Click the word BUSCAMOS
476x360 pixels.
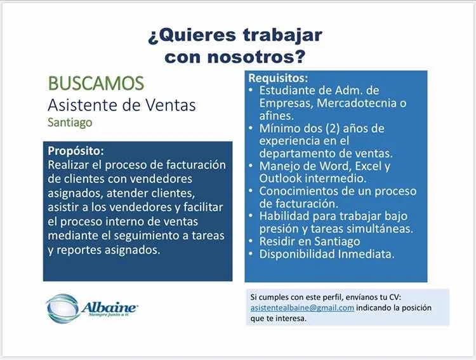96,83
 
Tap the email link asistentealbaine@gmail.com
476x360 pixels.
302,308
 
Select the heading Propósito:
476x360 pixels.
76,151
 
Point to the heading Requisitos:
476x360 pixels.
278,78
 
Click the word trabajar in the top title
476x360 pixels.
282,36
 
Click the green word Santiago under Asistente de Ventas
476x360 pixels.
70,123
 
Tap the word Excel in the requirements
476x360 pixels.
367,166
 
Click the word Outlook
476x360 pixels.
280,178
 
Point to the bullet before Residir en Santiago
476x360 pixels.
251,241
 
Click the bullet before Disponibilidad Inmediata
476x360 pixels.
251,254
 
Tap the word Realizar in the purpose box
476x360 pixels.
68,165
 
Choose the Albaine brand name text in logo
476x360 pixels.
109,307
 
